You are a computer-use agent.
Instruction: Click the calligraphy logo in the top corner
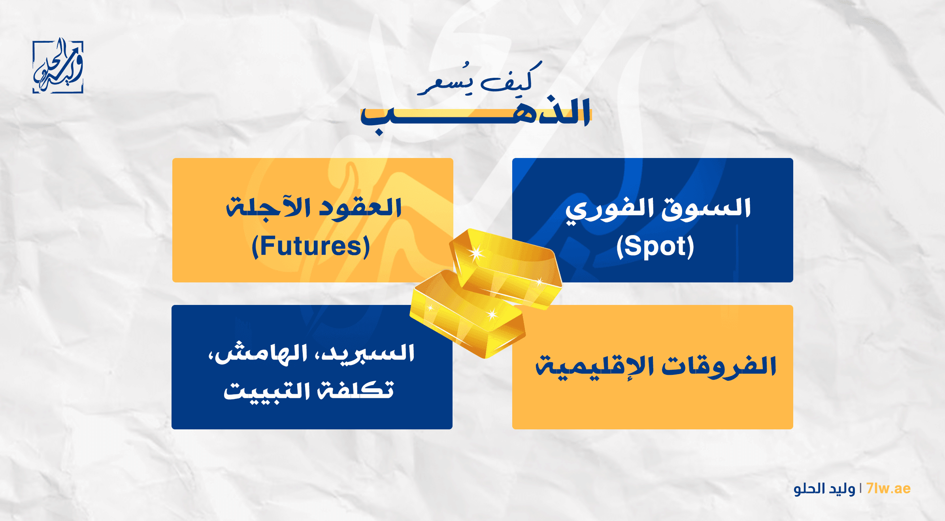tap(58, 66)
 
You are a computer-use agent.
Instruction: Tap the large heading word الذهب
tap(475, 115)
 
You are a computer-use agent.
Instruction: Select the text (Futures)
tap(311, 246)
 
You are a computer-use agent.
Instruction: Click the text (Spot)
tap(655, 246)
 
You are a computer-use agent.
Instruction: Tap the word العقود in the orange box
tap(360, 208)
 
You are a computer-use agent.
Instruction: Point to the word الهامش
tap(258, 353)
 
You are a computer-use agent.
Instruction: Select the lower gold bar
tap(468, 314)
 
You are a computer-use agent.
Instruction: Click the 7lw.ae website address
tap(888, 489)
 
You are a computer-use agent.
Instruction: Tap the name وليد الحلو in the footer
tap(824, 489)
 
